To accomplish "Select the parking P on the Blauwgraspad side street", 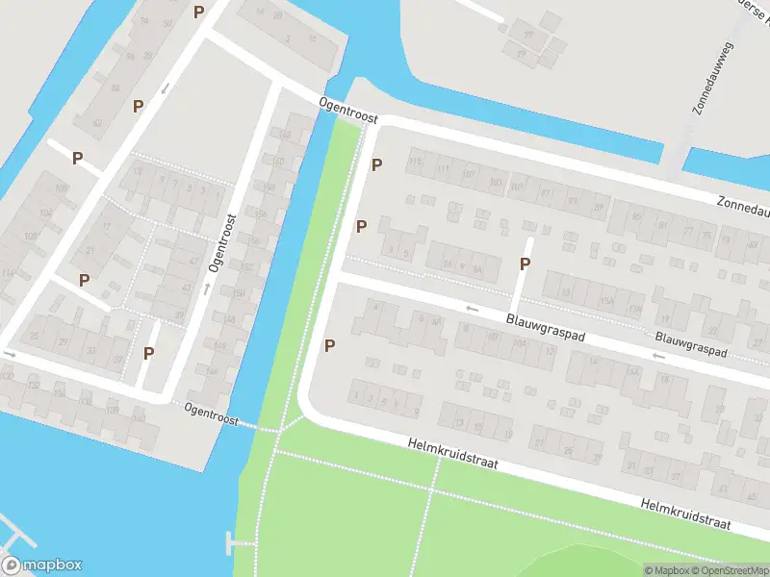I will pos(526,264).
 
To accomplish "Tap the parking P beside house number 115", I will pos(377,164).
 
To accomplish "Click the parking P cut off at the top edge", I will pos(198,12).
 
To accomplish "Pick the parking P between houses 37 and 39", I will pos(148,353).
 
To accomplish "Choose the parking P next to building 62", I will pos(139,106).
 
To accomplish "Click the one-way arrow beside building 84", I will pos(165,88).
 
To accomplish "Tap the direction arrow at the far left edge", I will pos(10,354).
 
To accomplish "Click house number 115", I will pos(415,163).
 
